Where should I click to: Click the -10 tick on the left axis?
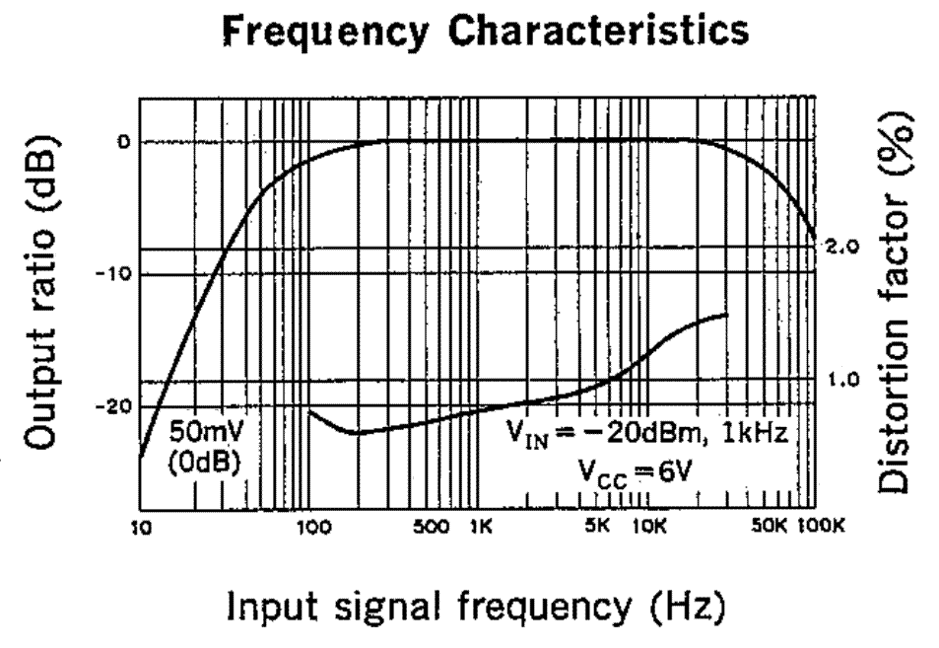tap(117, 273)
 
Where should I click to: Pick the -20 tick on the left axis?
tap(117, 406)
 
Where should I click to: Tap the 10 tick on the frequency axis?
tap(142, 527)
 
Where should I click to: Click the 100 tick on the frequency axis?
tap(310, 527)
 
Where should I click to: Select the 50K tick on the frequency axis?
tap(770, 527)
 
